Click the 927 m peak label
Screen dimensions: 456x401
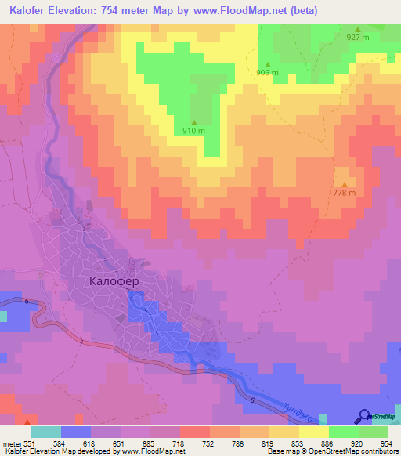tap(358, 38)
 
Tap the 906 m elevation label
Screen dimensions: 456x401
tap(267, 73)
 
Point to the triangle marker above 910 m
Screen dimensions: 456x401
tap(193, 121)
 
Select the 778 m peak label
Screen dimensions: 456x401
tap(344, 193)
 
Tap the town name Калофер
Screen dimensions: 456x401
tap(114, 280)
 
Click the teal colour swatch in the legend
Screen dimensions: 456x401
tap(46, 432)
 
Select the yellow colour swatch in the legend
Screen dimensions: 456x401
tap(314, 432)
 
